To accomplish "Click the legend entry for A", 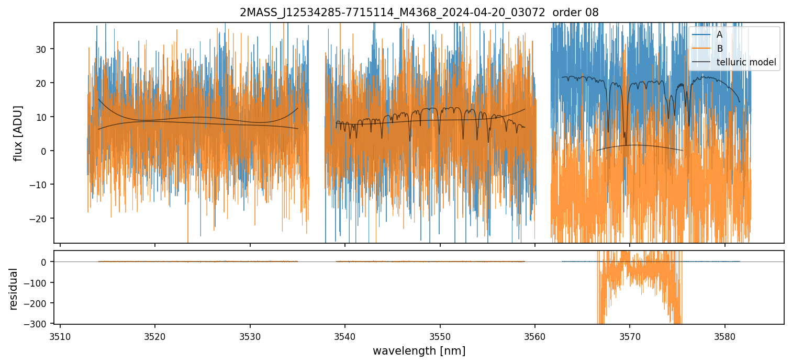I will click(719, 35).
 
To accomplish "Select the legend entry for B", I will click(719, 49).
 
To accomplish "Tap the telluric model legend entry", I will click(746, 63).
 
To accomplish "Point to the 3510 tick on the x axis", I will click(60, 335).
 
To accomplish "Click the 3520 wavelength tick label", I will click(155, 335).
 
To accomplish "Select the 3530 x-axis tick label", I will click(250, 335).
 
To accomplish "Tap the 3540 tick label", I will click(345, 335).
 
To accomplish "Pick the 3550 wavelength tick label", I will click(440, 335).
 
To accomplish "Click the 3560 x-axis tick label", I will click(535, 335).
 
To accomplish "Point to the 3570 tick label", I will click(630, 335).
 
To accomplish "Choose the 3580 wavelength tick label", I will click(725, 335).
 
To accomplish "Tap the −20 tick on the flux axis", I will click(40, 219).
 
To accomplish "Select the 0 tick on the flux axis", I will click(45, 151).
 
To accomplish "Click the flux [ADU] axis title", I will click(18, 133).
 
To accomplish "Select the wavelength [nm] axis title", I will click(419, 350).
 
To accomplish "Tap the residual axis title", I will click(14, 289).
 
